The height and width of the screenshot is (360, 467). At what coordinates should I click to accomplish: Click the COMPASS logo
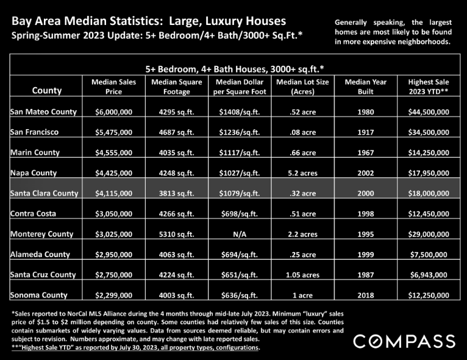[x=404, y=341]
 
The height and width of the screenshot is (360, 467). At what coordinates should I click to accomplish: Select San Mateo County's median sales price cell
[x=114, y=112]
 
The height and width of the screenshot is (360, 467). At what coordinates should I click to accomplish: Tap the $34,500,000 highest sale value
[x=429, y=132]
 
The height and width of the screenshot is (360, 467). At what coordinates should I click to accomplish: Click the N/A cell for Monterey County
[x=240, y=234]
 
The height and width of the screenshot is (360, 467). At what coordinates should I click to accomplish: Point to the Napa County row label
[x=34, y=173]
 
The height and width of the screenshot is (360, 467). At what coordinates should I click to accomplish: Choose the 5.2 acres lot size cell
[x=302, y=173]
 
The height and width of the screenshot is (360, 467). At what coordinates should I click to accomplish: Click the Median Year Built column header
[x=365, y=86]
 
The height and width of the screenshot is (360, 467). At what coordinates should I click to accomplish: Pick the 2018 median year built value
[x=365, y=295]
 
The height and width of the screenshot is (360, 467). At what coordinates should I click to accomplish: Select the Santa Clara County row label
[x=44, y=193]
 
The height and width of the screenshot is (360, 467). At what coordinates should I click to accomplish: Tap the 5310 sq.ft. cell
[x=176, y=234]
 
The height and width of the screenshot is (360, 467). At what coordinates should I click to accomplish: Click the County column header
[x=47, y=90]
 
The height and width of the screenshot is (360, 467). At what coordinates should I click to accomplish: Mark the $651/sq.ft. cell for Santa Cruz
[x=240, y=275]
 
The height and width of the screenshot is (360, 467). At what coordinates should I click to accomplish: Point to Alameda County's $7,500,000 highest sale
[x=429, y=255]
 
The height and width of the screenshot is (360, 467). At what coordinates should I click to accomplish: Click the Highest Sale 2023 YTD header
[x=429, y=86]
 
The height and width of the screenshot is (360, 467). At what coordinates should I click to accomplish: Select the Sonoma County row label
[x=39, y=295]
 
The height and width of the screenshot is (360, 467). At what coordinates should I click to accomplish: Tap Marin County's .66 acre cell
[x=302, y=153]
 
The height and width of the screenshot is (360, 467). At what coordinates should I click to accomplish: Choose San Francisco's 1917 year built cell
[x=365, y=132]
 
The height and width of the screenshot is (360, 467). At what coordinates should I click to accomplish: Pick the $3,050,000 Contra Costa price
[x=114, y=214]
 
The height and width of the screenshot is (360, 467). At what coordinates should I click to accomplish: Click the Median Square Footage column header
[x=177, y=86]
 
